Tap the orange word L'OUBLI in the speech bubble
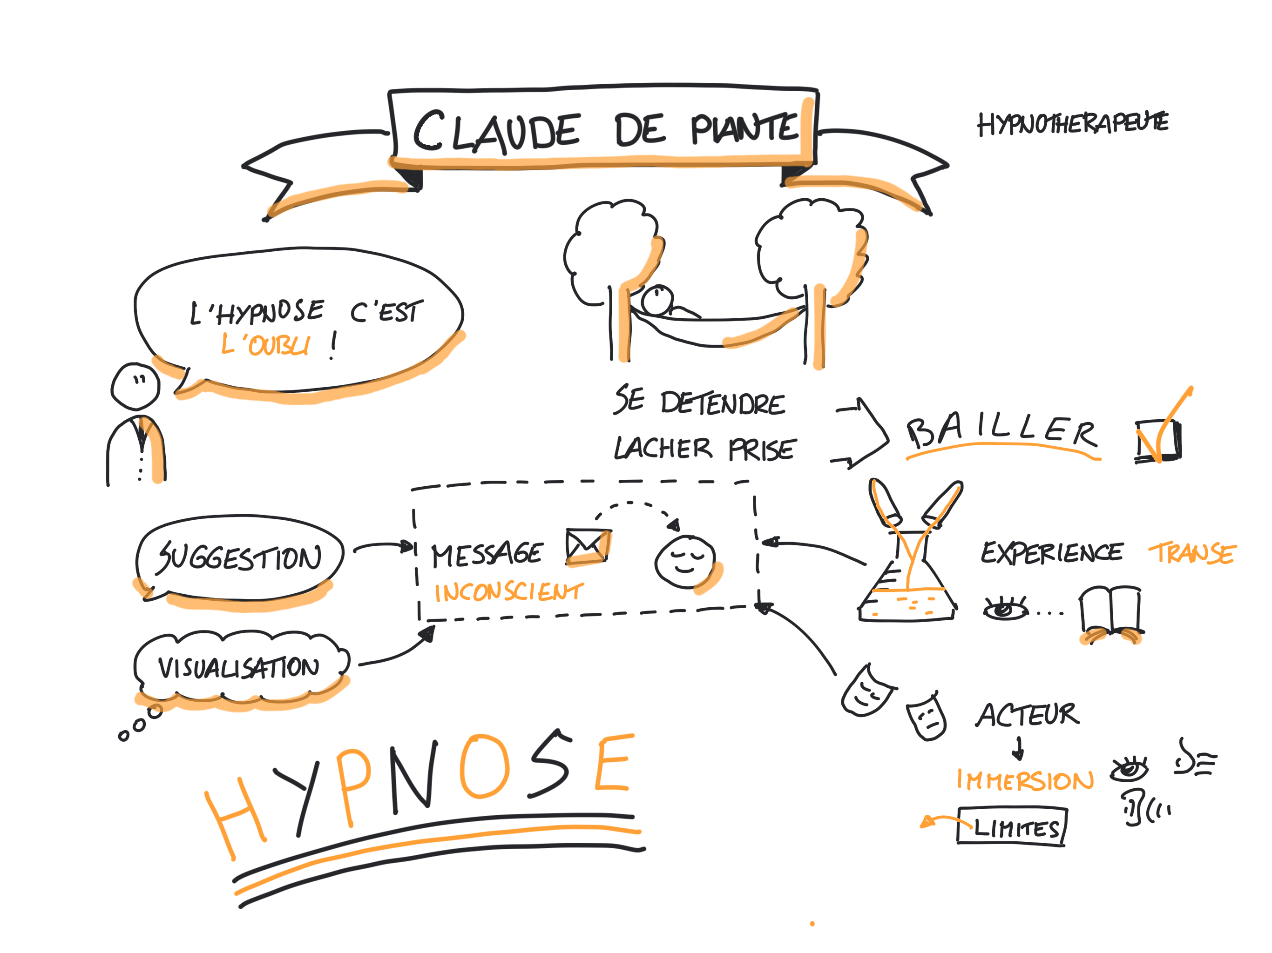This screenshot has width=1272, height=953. tap(266, 345)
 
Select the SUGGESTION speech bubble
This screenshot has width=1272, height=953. tap(239, 557)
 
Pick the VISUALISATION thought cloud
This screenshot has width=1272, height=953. tap(239, 667)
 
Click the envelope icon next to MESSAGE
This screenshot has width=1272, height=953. tap(588, 546)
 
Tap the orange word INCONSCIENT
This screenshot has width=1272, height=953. tap(508, 592)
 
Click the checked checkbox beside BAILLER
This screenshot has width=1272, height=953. tap(1157, 442)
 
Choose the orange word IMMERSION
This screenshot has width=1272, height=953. tap(1024, 780)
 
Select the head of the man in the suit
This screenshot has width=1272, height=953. tap(135, 386)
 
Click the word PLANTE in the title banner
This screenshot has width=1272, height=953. tap(744, 128)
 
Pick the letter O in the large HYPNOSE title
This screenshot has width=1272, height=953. tap(484, 766)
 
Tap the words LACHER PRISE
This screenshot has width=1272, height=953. tap(704, 449)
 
